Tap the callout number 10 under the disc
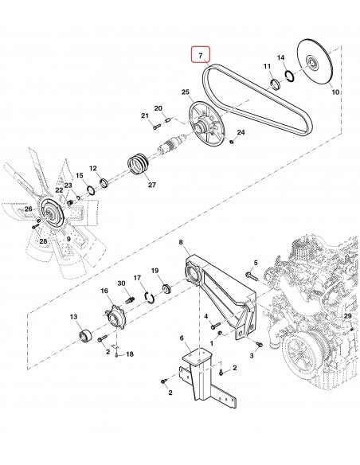(335, 93)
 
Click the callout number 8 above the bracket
(181, 242)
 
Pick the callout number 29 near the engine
(346, 317)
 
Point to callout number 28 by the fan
(43, 240)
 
